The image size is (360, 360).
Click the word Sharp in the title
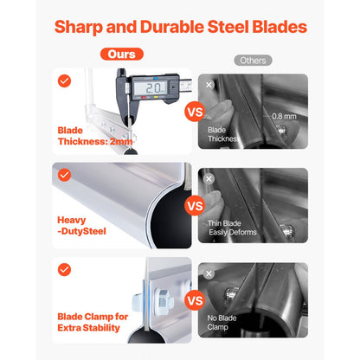click(x=78, y=28)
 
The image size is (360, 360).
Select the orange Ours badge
click(x=122, y=54)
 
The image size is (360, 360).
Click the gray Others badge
click(x=253, y=61)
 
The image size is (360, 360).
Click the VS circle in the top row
click(x=195, y=112)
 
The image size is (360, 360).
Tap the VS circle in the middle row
click(x=195, y=205)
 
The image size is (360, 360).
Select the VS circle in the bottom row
click(x=195, y=300)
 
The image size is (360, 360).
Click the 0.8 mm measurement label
click(x=284, y=116)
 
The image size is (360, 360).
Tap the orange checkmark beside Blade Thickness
click(x=64, y=81)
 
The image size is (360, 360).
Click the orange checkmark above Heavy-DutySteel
click(x=64, y=175)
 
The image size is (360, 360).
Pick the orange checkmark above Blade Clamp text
click(x=64, y=269)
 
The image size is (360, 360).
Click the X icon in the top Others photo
click(x=209, y=85)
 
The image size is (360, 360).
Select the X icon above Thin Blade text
click(x=209, y=179)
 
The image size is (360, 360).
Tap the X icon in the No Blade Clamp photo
click(x=209, y=273)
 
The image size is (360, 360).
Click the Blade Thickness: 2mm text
click(x=95, y=136)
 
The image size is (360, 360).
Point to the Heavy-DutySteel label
click(x=81, y=226)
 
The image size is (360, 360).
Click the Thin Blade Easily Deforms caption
click(x=232, y=228)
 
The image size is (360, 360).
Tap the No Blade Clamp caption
click(x=222, y=322)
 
